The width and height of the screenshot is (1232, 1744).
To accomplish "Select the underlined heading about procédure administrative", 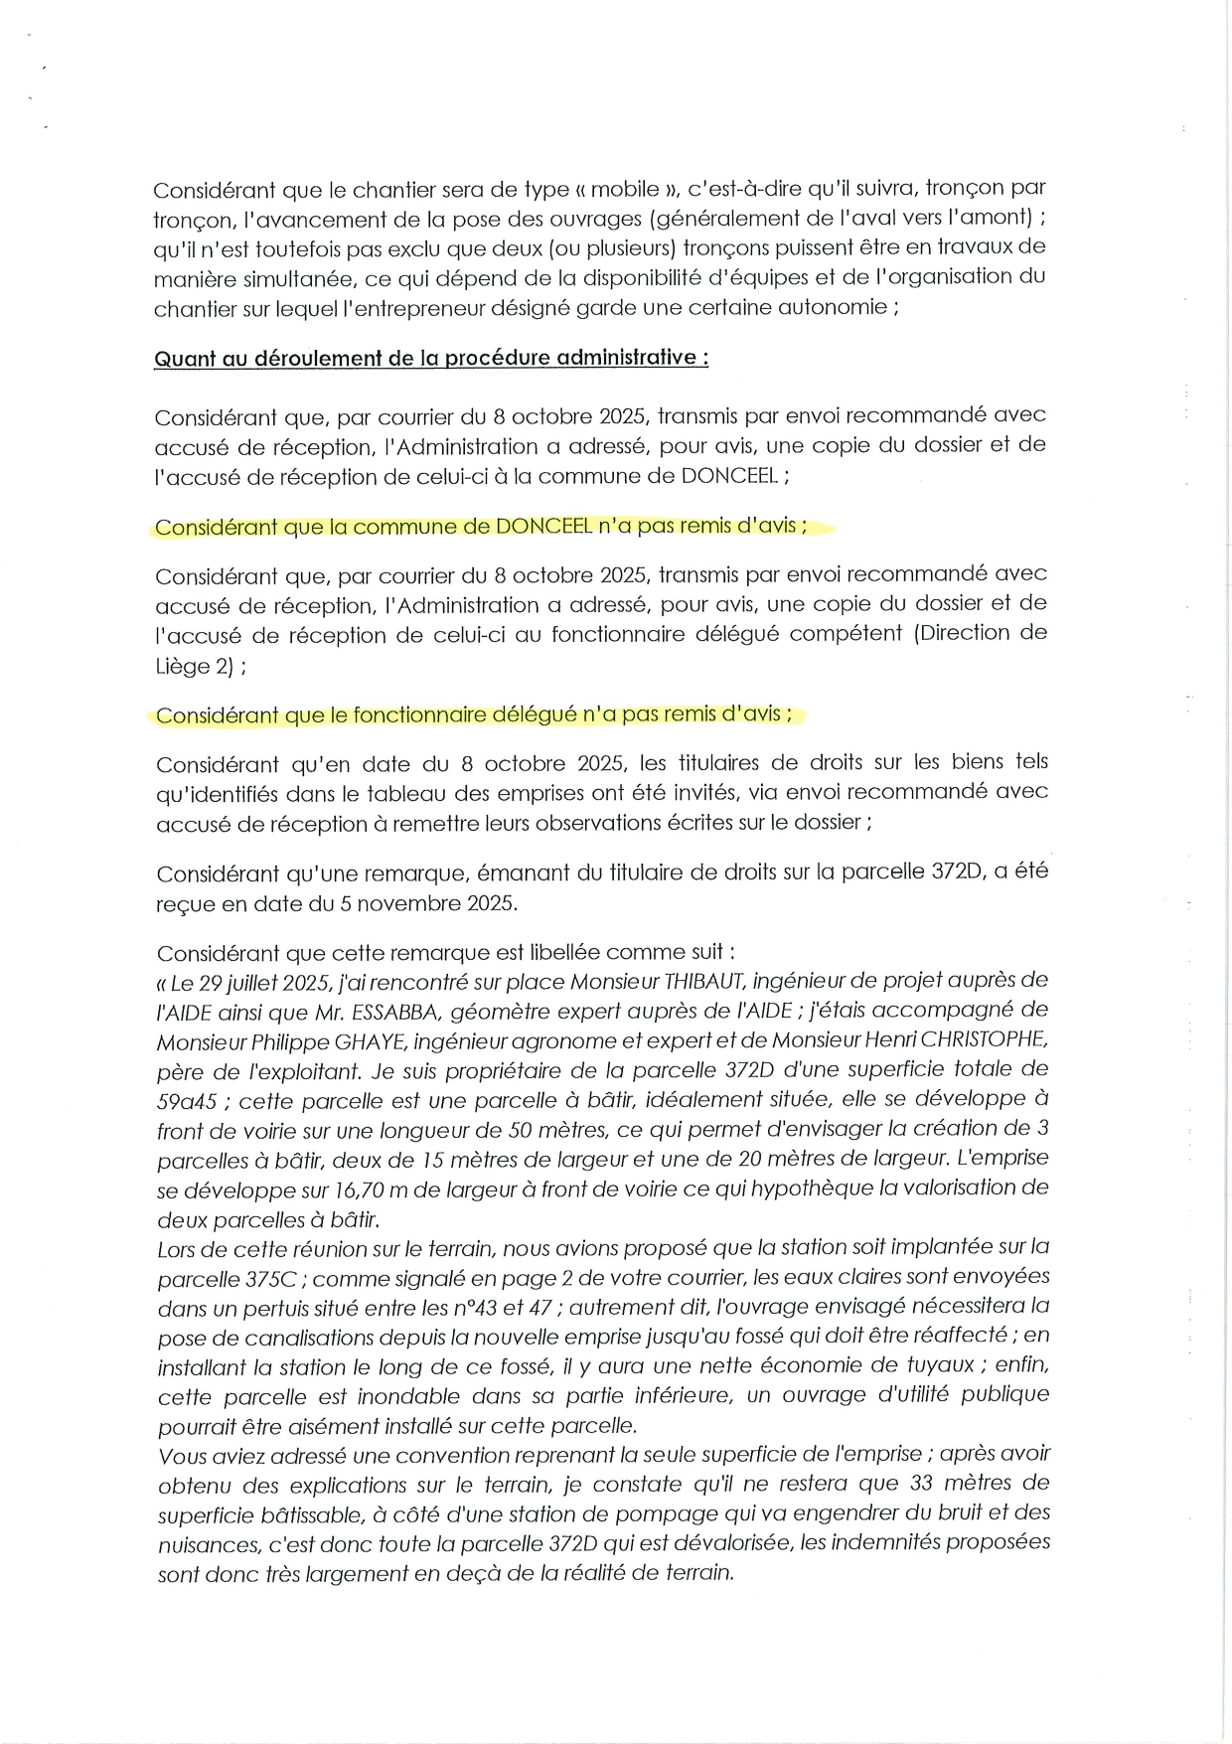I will pyautogui.click(x=430, y=358).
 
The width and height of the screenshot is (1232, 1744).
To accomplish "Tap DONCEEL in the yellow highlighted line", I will pyautogui.click(x=541, y=526).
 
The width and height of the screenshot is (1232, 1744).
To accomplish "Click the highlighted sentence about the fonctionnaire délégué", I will pyautogui.click(x=474, y=714).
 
